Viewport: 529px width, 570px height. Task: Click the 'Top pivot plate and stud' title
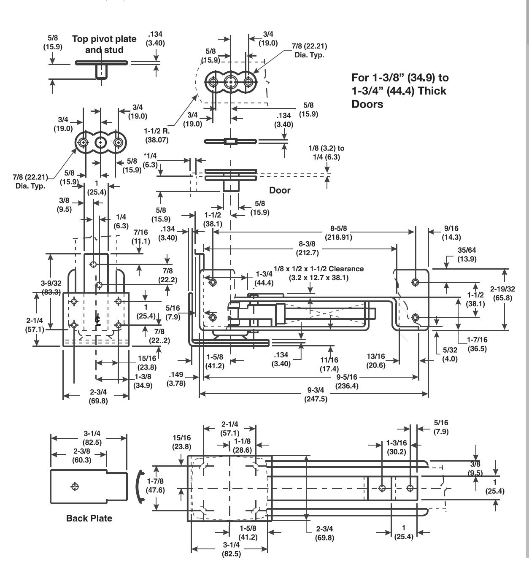pyautogui.click(x=104, y=44)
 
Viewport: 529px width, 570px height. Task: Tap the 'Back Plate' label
pyautogui.click(x=89, y=518)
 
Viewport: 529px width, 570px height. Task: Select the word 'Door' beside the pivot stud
pyautogui.click(x=280, y=190)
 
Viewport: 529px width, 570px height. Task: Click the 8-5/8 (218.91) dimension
pyautogui.click(x=338, y=233)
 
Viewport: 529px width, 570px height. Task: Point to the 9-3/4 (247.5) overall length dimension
pyautogui.click(x=316, y=394)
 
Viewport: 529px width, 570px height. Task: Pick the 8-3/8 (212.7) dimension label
pyautogui.click(x=307, y=248)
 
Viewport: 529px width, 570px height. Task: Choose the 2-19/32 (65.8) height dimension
pyautogui.click(x=502, y=293)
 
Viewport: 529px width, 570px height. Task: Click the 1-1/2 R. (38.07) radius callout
pyautogui.click(x=157, y=135)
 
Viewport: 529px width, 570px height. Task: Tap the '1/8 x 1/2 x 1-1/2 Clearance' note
pyautogui.click(x=318, y=269)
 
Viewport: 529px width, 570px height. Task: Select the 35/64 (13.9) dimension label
pyautogui.click(x=467, y=254)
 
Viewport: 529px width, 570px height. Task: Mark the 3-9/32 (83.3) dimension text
pyautogui.click(x=51, y=288)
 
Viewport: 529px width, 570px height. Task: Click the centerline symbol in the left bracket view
pyautogui.click(x=97, y=320)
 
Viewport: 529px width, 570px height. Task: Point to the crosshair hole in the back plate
pyautogui.click(x=75, y=487)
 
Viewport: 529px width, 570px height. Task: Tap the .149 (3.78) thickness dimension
pyautogui.click(x=176, y=379)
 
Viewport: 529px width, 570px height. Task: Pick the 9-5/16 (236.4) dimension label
pyautogui.click(x=347, y=381)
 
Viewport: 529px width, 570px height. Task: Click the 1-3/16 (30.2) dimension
pyautogui.click(x=397, y=448)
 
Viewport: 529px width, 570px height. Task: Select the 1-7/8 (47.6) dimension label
pyautogui.click(x=155, y=485)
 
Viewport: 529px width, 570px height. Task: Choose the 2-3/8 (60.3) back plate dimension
pyautogui.click(x=82, y=456)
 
